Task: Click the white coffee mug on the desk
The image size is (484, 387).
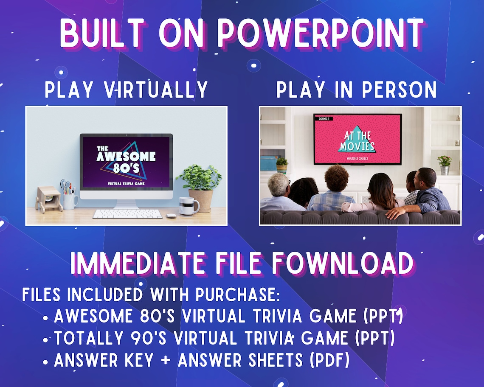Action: tap(188, 206)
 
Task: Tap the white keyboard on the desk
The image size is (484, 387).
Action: tap(127, 213)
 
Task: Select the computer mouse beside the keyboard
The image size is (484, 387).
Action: tap(171, 216)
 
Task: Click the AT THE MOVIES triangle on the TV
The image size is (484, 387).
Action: tap(357, 140)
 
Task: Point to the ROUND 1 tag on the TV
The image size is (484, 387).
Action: tap(324, 119)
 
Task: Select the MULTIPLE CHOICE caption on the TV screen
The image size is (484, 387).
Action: tap(357, 158)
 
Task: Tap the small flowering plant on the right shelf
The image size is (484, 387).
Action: tap(444, 164)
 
